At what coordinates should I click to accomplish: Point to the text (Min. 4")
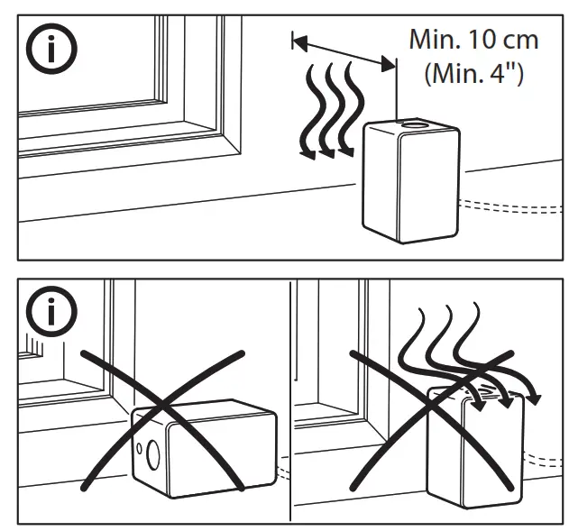[474, 72]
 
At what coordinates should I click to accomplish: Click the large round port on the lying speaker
[150, 453]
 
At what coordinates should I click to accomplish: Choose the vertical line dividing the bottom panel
[289, 397]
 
